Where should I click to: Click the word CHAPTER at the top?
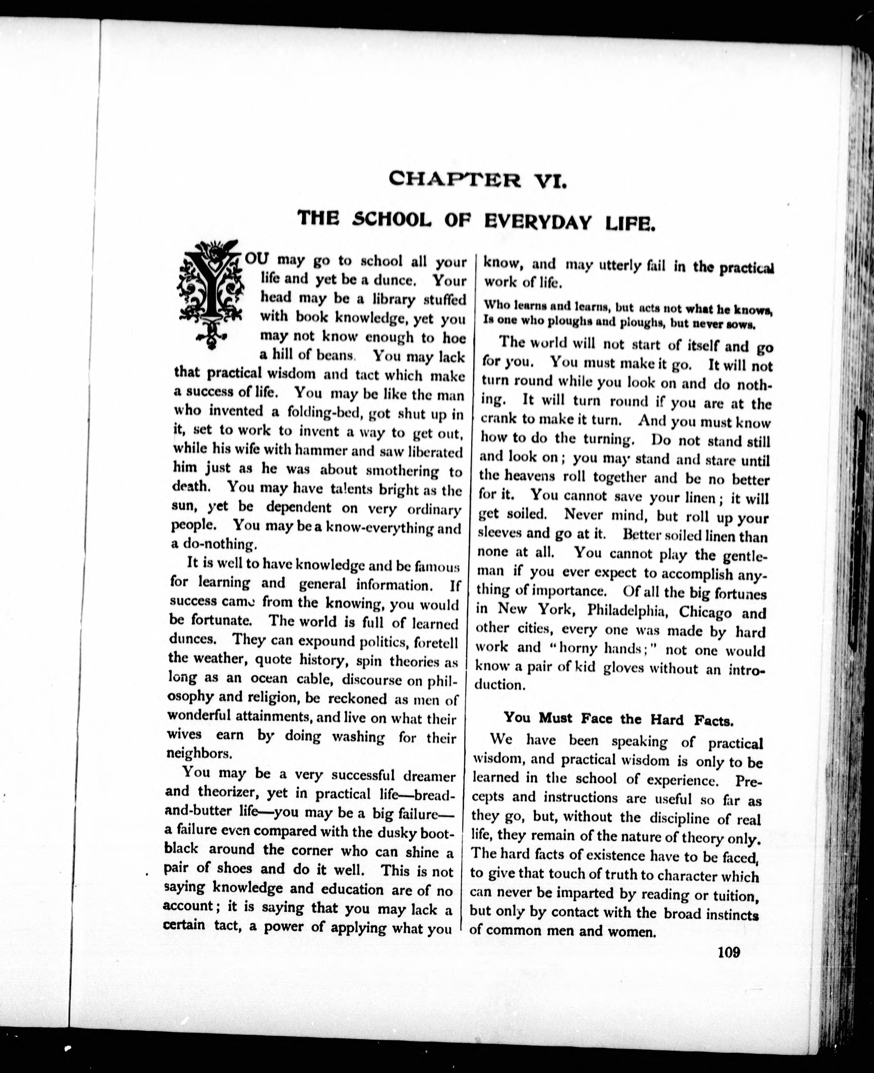[x=455, y=179]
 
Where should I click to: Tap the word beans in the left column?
[x=334, y=356]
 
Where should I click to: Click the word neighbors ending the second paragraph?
[x=199, y=754]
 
